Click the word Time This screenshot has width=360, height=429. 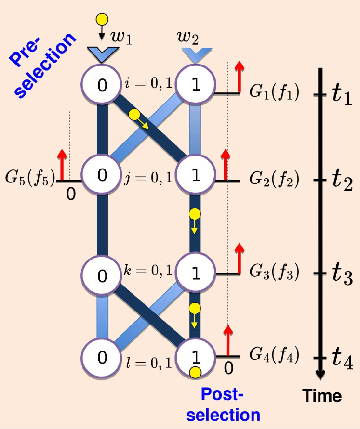pyautogui.click(x=322, y=396)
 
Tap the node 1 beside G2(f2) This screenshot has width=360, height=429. pyautogui.click(x=195, y=175)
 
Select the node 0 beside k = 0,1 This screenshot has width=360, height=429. pyautogui.click(x=102, y=275)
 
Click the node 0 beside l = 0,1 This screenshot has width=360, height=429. pyautogui.click(x=102, y=358)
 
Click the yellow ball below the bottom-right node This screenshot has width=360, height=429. pyautogui.click(x=195, y=372)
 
